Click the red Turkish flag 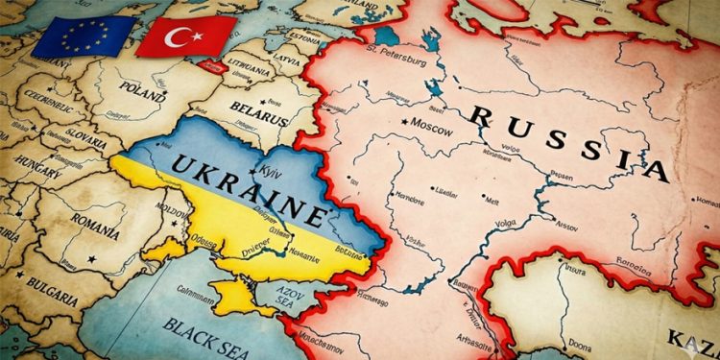click(x=185, y=36)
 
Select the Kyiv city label click(x=272, y=170)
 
